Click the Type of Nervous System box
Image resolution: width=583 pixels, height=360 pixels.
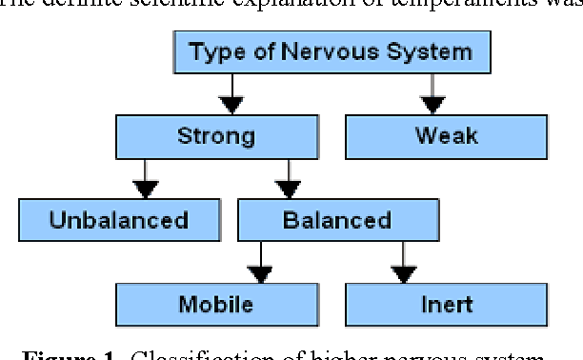(x=331, y=52)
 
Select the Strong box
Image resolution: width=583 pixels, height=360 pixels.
(x=216, y=136)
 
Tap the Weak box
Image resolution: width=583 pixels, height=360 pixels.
(x=446, y=136)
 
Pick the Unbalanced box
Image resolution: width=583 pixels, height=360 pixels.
(x=119, y=221)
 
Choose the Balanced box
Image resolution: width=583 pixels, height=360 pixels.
(x=337, y=221)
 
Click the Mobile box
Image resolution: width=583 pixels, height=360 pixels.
(x=216, y=305)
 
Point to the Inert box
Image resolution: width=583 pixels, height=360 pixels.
(x=446, y=305)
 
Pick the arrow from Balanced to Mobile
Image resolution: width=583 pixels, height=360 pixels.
(x=260, y=263)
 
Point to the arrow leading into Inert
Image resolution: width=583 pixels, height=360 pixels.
(x=404, y=263)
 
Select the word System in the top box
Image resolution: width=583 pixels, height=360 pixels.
(x=426, y=52)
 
